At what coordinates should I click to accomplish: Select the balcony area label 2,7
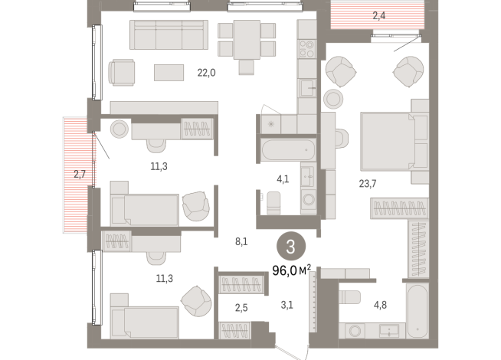coord(80,175)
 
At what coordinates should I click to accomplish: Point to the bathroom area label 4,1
coord(283,181)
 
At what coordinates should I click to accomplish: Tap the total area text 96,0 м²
coord(291,270)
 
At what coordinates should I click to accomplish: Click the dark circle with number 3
coord(290,247)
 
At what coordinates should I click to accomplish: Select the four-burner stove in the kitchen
coord(307,50)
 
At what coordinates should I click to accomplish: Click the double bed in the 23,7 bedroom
coord(386,142)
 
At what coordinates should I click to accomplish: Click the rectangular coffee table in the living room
coord(169,72)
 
